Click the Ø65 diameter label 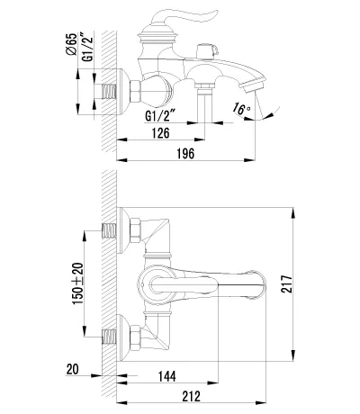tap(71, 44)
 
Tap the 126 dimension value tap(161, 132)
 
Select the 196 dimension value tap(185, 154)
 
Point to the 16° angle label tap(241, 108)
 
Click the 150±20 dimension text tap(78, 283)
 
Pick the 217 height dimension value tap(286, 283)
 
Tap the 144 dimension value tap(167, 376)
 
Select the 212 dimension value tap(191, 396)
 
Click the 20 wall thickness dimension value tap(72, 369)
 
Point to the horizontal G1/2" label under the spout tap(160, 115)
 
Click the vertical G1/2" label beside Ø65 tap(87, 46)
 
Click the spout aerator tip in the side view tap(254, 85)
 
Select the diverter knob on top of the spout tap(207, 51)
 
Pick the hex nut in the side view tap(135, 92)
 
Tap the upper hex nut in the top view tap(135, 230)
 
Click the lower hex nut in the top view tap(135, 338)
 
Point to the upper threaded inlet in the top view tap(109, 230)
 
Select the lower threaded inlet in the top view tap(109, 337)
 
